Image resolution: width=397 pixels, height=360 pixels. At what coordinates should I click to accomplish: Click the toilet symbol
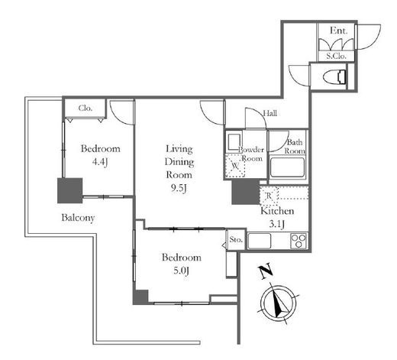pyautogui.click(x=335, y=77)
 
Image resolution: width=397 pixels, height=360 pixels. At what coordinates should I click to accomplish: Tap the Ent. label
pyautogui.click(x=338, y=31)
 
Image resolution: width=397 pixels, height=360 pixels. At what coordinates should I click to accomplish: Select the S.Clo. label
pyautogui.click(x=337, y=56)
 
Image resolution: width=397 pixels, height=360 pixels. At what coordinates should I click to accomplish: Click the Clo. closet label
pyautogui.click(x=86, y=108)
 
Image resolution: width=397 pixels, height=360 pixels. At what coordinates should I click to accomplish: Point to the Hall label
pyautogui.click(x=270, y=113)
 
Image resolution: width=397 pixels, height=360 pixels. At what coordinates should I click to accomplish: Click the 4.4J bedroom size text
pyautogui.click(x=100, y=162)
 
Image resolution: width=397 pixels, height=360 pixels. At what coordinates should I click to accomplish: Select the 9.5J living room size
pyautogui.click(x=179, y=189)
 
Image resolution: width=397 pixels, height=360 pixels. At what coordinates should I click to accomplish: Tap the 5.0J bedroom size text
pyautogui.click(x=181, y=271)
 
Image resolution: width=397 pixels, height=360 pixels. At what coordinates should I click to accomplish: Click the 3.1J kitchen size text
pyautogui.click(x=277, y=224)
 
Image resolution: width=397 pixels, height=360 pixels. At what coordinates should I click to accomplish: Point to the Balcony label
pyautogui.click(x=78, y=218)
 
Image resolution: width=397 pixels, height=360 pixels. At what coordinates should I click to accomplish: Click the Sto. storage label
pyautogui.click(x=236, y=239)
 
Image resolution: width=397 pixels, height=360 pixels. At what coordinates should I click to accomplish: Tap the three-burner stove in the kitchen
pyautogui.click(x=299, y=241)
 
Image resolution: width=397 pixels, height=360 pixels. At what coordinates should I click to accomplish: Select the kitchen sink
pyautogui.click(x=260, y=241)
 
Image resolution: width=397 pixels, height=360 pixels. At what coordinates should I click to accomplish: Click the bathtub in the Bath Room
pyautogui.click(x=288, y=167)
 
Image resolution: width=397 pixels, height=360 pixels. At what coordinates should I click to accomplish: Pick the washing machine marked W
pyautogui.click(x=235, y=166)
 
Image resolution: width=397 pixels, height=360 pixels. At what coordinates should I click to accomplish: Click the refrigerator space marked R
pyautogui.click(x=269, y=196)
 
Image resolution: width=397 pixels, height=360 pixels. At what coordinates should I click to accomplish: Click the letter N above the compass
pyautogui.click(x=266, y=271)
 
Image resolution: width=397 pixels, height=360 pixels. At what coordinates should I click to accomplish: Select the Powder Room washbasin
pyautogui.click(x=234, y=142)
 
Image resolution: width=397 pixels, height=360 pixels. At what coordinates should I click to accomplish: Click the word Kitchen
pyautogui.click(x=277, y=211)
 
